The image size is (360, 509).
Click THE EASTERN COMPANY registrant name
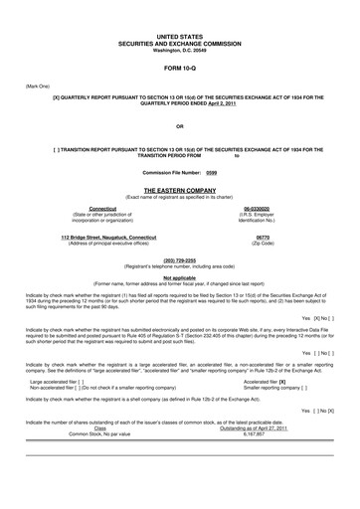coord(179,188)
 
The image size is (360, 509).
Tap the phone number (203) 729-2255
coord(179,259)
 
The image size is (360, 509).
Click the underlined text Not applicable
coord(179,277)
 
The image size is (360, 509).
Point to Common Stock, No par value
coord(92,433)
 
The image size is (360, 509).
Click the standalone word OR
coord(179,127)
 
